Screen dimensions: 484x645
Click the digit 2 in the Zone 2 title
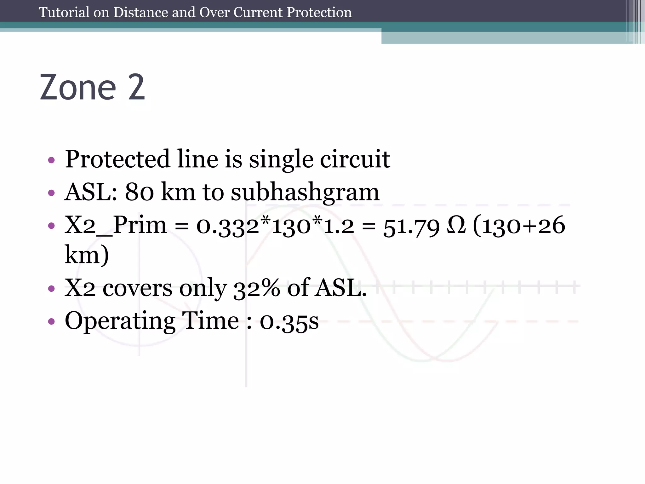point(136,87)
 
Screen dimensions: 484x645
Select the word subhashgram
point(305,193)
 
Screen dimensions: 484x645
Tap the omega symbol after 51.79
point(456,226)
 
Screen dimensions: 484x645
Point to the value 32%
point(256,288)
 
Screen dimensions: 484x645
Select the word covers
point(137,288)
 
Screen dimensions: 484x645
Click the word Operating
point(120,321)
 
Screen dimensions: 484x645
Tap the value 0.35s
point(289,322)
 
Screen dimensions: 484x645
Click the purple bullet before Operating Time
point(51,322)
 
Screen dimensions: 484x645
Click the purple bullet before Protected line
point(51,160)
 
